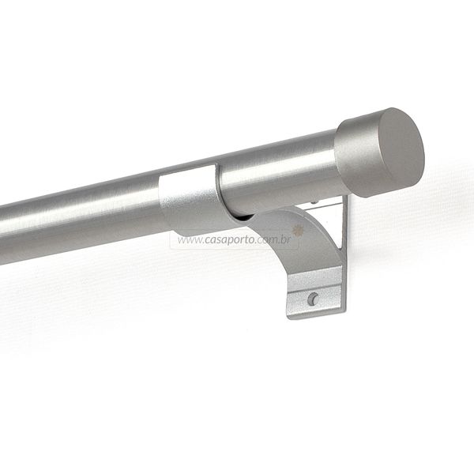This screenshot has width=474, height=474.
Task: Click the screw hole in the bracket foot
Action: click(313, 299)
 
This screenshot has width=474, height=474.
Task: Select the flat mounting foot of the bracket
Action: click(315, 292)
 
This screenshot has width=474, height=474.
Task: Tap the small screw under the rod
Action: click(315, 201)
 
